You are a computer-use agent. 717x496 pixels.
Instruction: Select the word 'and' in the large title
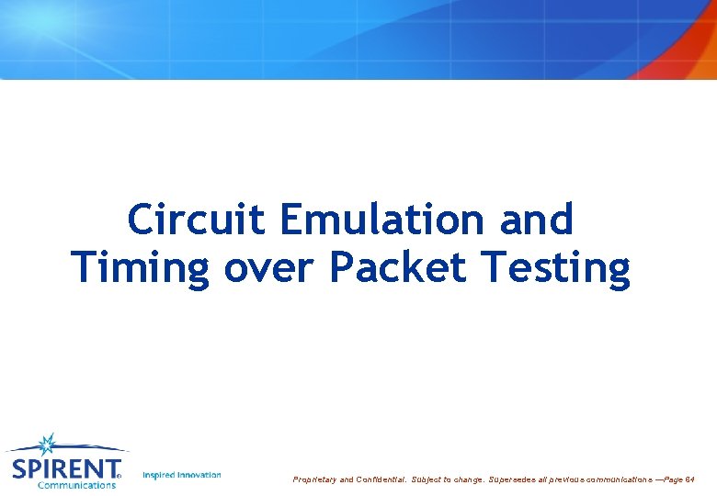click(537, 220)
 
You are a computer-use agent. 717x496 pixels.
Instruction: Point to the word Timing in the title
click(142, 268)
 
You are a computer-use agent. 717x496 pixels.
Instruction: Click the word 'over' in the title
click(271, 268)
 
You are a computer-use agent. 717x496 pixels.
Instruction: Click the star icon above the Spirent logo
click(47, 445)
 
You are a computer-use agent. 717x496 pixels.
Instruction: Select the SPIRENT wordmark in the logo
click(64, 468)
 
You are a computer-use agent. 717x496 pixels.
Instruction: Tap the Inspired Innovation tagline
click(182, 475)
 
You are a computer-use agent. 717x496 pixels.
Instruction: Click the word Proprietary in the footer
click(314, 479)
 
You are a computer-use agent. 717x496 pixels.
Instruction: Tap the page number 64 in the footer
click(690, 479)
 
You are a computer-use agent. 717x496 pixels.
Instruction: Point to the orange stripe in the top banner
click(692, 41)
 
